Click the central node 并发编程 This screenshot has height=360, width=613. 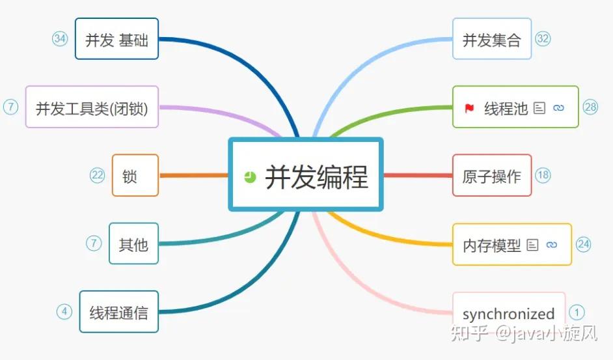click(x=305, y=174)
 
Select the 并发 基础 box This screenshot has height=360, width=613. click(x=116, y=39)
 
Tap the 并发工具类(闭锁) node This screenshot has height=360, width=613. click(x=92, y=107)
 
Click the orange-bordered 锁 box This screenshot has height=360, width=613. click(x=135, y=175)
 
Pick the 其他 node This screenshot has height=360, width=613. click(x=133, y=243)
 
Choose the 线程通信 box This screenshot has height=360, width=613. click(x=119, y=311)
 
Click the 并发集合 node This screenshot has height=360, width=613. click(x=492, y=39)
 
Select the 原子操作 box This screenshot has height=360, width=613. click(x=492, y=175)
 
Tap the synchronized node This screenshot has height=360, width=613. click(x=509, y=313)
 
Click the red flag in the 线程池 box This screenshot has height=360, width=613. click(x=469, y=107)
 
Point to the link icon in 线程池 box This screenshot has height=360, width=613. click(x=558, y=107)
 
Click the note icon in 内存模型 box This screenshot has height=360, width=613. click(x=532, y=245)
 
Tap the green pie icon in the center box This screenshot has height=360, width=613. click(x=250, y=177)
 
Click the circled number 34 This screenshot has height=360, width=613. click(x=60, y=38)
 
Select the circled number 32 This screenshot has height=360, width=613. click(x=543, y=38)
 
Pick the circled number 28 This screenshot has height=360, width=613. click(x=590, y=107)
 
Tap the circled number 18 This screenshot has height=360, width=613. click(x=543, y=175)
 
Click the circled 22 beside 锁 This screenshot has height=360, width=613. click(x=98, y=175)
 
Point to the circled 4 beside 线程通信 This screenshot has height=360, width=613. click(x=64, y=312)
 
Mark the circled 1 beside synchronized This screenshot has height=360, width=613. click(x=577, y=312)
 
